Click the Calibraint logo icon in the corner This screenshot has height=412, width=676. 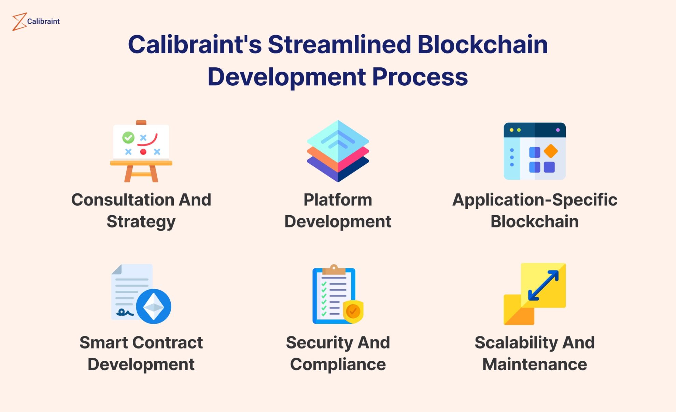coord(19,22)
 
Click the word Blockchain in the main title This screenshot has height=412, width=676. coord(482,45)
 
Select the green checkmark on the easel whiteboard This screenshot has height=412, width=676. coord(128,137)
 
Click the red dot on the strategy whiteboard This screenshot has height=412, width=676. coord(143,152)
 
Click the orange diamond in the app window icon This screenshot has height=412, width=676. coord(550,151)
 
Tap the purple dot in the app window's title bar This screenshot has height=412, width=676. coord(558,130)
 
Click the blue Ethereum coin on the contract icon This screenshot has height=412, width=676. coord(154,306)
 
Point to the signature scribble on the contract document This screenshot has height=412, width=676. coord(125,312)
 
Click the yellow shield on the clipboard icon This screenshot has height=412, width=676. coord(353,311)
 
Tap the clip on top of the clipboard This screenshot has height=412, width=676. coord(334,270)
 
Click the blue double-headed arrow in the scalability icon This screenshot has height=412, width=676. coord(543,286)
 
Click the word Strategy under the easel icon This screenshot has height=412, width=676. coord(141,222)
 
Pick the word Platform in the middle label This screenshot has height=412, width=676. coord(338,200)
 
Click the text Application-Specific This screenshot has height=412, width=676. coord(534,200)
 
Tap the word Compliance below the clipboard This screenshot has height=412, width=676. coord(338,364)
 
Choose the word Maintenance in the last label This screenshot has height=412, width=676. coord(534,364)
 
